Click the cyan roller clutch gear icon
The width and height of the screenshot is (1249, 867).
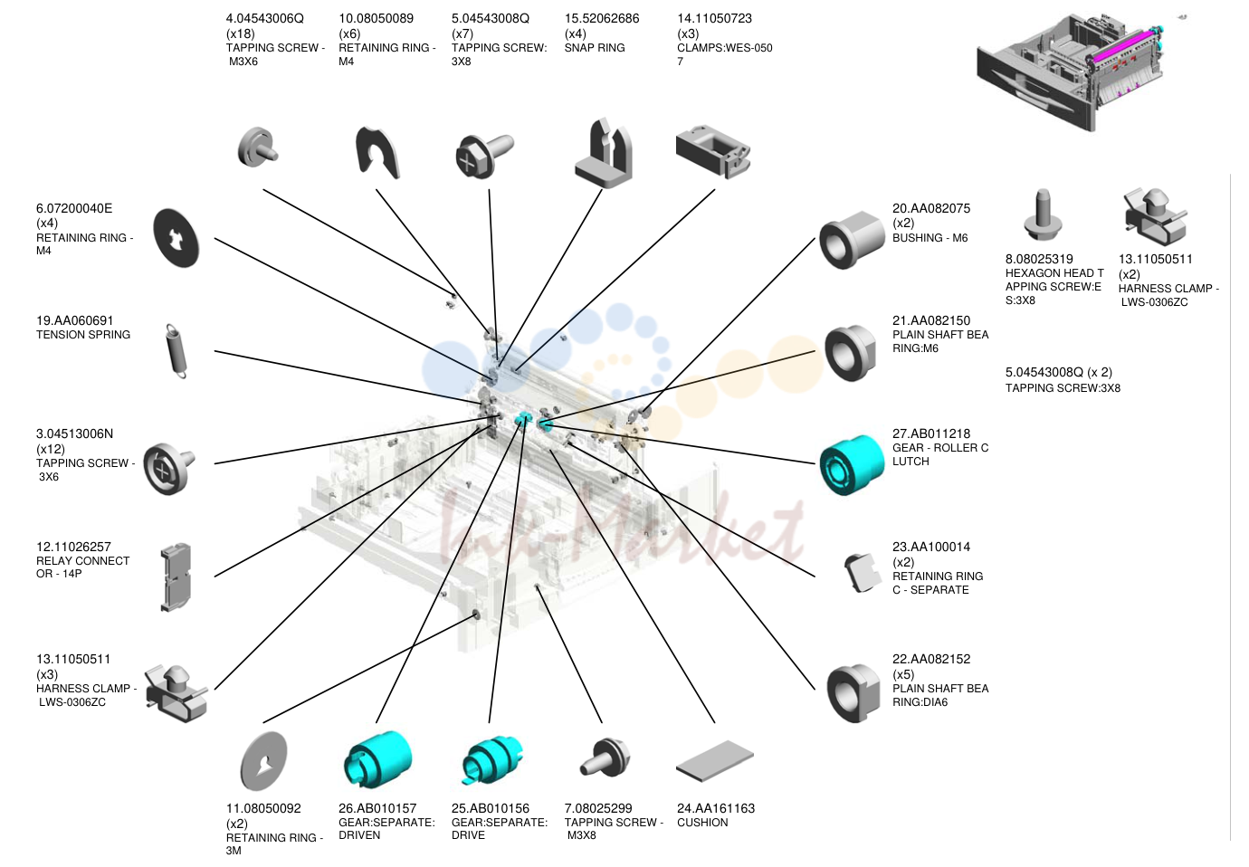click(852, 464)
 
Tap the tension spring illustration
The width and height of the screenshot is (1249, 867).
click(176, 351)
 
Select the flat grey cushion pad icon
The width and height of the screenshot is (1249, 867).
click(715, 762)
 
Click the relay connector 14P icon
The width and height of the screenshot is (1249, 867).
click(176, 576)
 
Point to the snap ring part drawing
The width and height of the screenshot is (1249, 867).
click(604, 152)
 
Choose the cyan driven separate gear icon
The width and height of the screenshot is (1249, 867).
click(377, 758)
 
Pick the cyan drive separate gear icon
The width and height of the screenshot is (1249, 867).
click(491, 759)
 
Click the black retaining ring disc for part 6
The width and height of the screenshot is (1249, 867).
click(176, 238)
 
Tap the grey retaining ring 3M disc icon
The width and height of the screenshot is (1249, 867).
click(263, 761)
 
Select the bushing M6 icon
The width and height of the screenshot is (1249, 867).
click(852, 239)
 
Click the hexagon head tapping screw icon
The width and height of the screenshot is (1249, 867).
click(1043, 215)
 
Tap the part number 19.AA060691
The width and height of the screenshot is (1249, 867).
click(75, 320)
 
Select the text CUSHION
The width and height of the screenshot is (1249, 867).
click(702, 823)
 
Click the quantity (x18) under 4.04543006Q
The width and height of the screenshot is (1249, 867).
click(241, 33)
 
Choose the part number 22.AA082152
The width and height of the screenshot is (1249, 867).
click(931, 659)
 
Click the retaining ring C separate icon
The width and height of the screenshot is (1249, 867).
click(862, 573)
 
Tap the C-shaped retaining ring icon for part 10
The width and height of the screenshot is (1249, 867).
click(377, 152)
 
